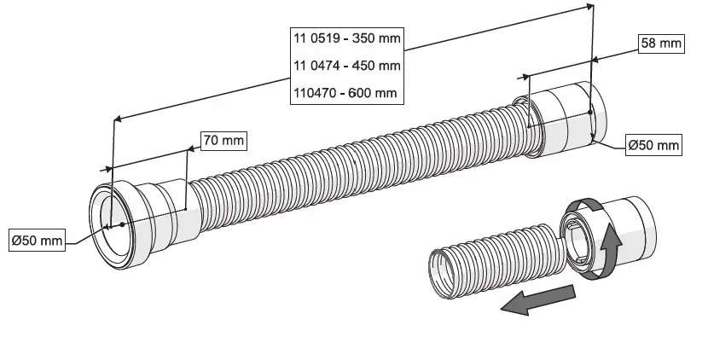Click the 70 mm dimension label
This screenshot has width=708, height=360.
[223, 139]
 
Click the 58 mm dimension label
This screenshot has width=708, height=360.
[661, 43]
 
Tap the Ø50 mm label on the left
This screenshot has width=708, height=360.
[37, 241]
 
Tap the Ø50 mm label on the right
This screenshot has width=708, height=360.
[653, 146]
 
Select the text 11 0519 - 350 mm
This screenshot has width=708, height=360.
[346, 38]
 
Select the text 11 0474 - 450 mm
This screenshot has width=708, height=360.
[346, 66]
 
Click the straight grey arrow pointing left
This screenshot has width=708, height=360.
[537, 301]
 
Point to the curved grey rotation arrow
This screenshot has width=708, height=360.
[597, 230]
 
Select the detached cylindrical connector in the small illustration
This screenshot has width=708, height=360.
[610, 237]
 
